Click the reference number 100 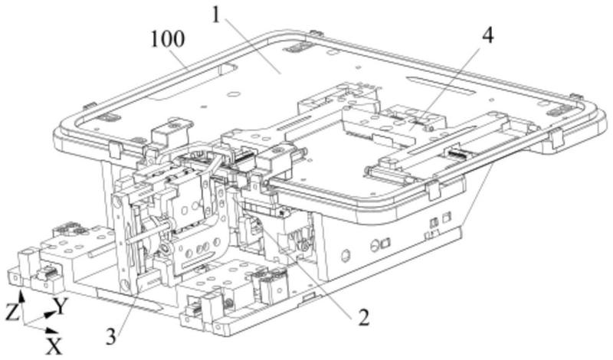click(168, 40)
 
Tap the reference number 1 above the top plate click(217, 16)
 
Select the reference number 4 click(487, 35)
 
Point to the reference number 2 click(363, 317)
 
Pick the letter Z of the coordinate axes click(12, 313)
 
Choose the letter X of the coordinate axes click(54, 346)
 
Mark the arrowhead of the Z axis click(22, 298)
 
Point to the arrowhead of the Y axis click(49, 313)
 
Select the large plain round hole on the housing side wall click(346, 256)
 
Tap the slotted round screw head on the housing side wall click(374, 246)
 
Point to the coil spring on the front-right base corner click(227, 304)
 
